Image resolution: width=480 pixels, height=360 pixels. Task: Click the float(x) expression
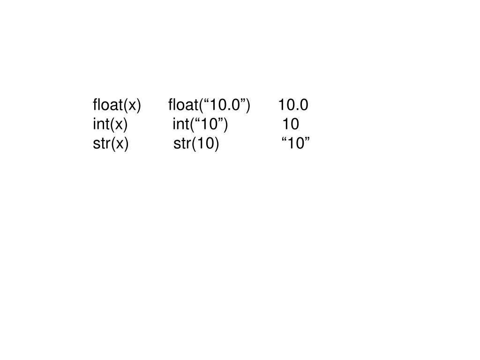117,105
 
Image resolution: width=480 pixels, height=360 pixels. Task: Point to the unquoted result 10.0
293,105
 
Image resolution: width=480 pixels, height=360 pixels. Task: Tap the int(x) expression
110,124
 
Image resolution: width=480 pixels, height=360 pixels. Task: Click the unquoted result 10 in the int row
291,124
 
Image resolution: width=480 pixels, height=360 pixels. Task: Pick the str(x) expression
111,144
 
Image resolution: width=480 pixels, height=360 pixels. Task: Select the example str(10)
196,144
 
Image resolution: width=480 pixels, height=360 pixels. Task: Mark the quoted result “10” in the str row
296,144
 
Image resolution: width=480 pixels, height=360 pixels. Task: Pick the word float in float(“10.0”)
182,105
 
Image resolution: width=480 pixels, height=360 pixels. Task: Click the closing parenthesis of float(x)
138,105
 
